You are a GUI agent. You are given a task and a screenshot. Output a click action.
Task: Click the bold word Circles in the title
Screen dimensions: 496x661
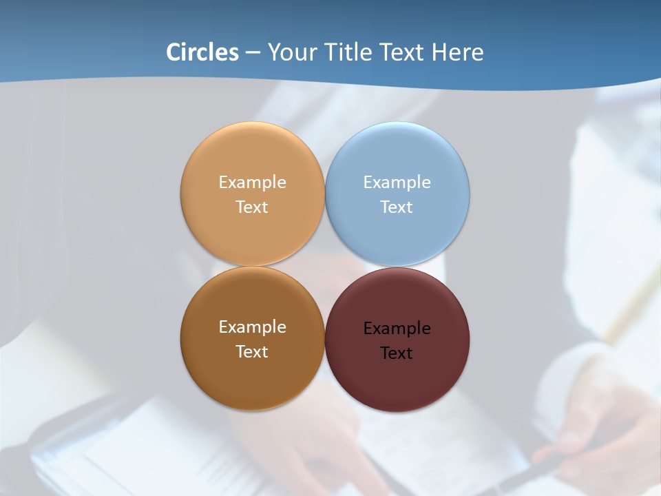pyautogui.click(x=202, y=52)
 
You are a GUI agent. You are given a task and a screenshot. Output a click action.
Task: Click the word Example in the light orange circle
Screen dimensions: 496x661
pyautogui.click(x=252, y=182)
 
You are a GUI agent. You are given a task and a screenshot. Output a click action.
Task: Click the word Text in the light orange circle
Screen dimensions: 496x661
pyautogui.click(x=252, y=207)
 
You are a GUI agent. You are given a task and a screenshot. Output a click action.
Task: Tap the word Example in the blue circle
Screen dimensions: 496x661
pyautogui.click(x=397, y=182)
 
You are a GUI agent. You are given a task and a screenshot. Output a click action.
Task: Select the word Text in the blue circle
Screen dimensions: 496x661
pyautogui.click(x=397, y=207)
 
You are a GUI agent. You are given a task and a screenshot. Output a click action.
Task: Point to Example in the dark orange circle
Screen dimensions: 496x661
pyautogui.click(x=252, y=327)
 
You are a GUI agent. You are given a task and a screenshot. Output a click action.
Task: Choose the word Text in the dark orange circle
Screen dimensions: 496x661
pyautogui.click(x=252, y=351)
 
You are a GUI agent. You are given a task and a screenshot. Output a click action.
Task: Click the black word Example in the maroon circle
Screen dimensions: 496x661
pyautogui.click(x=397, y=329)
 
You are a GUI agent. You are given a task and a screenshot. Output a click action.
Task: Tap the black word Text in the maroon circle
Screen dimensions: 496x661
pyautogui.click(x=397, y=353)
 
